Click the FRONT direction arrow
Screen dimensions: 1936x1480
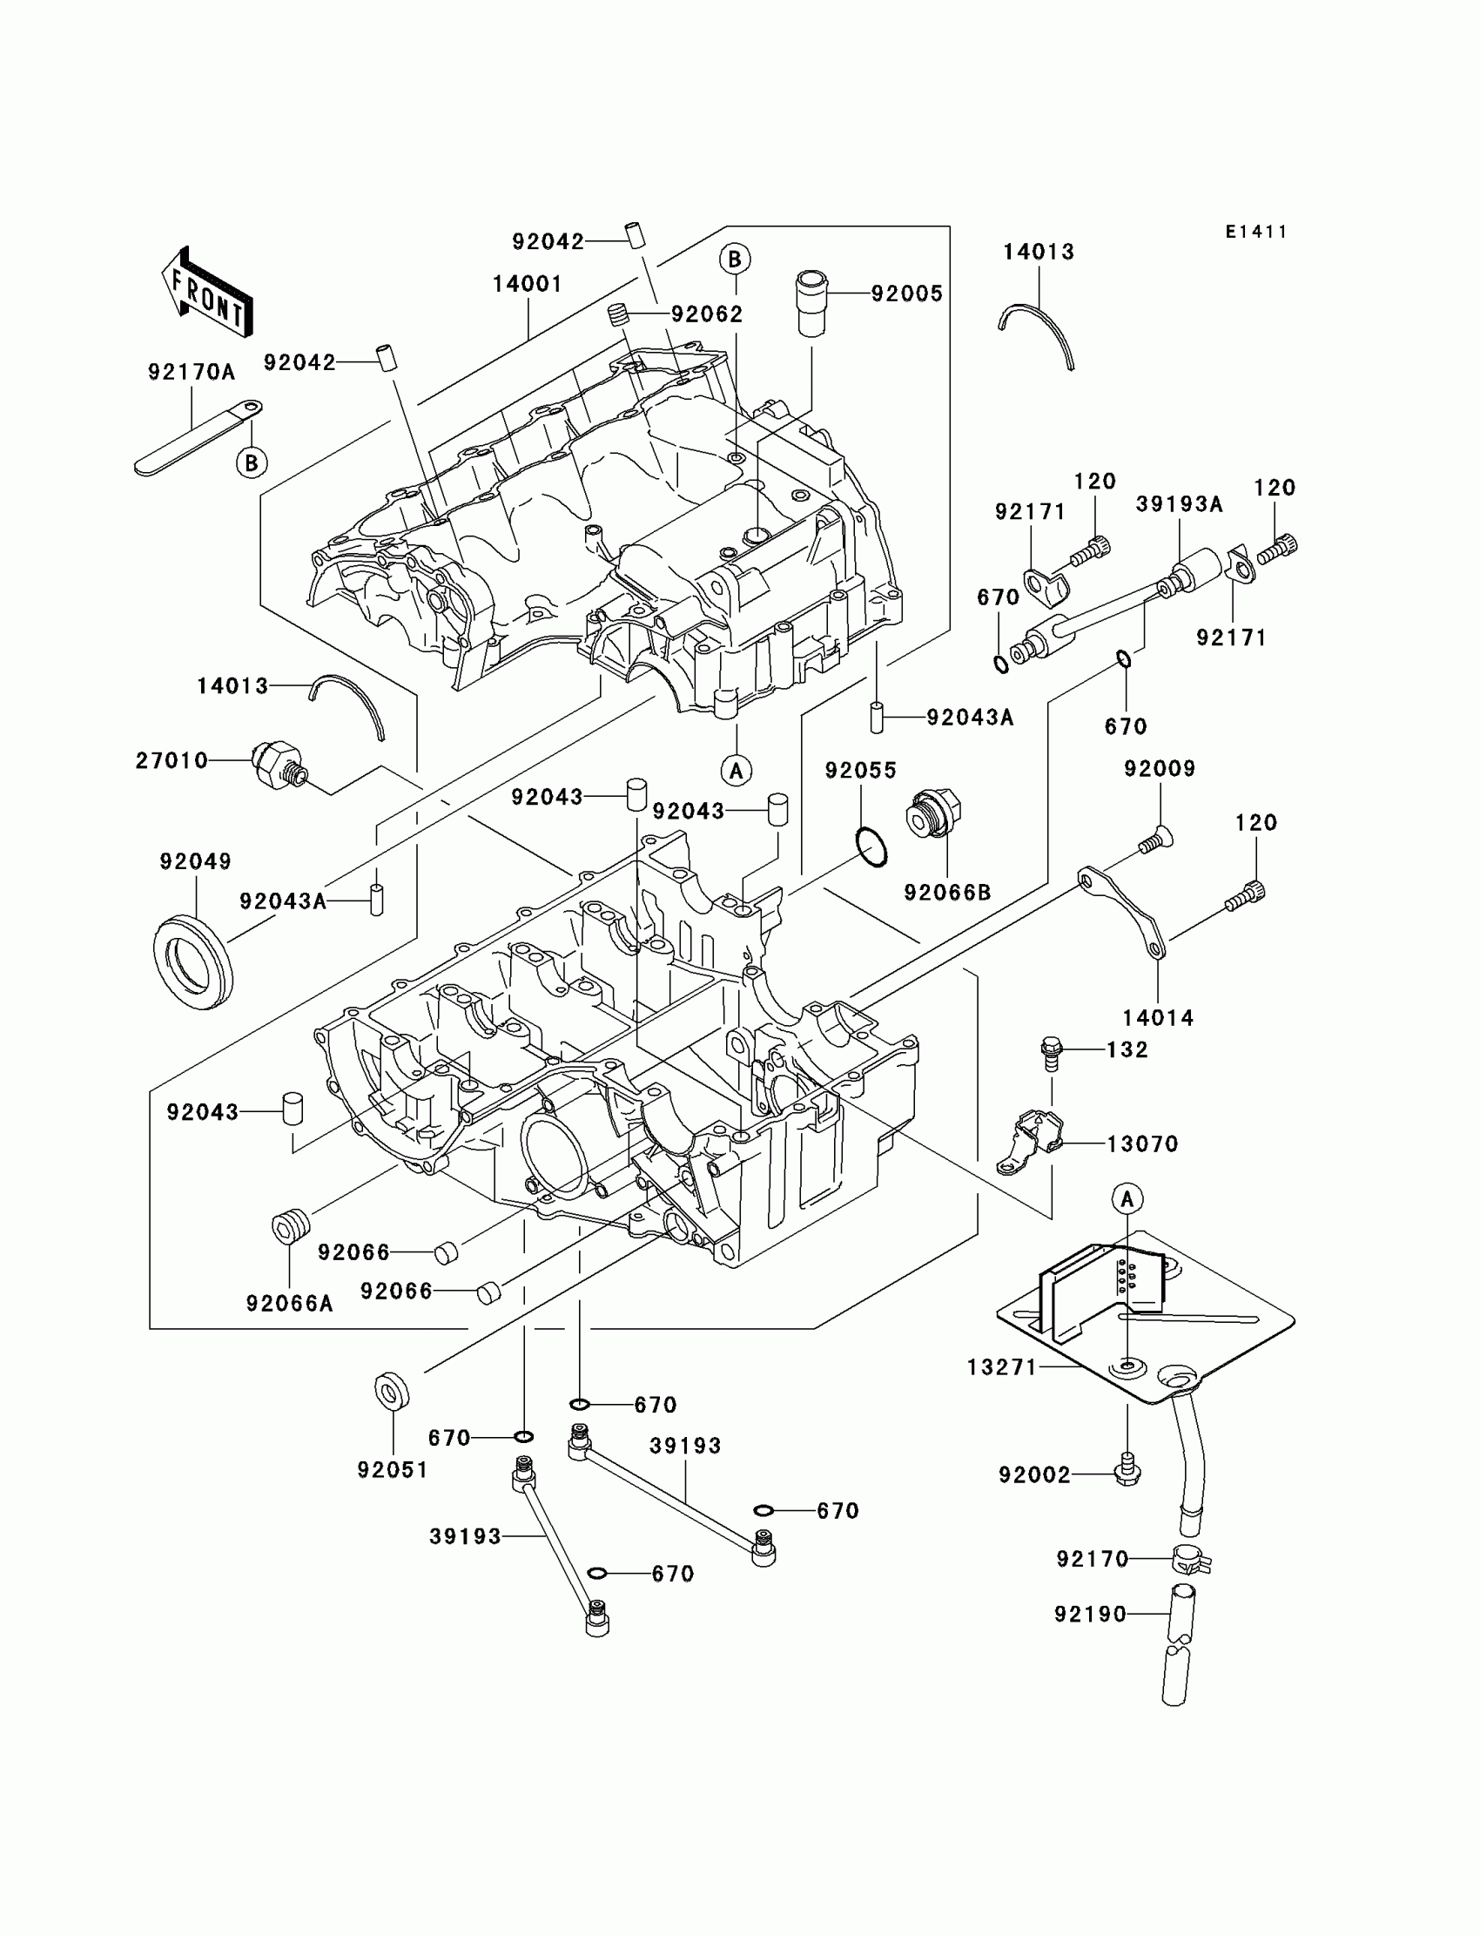click(x=208, y=292)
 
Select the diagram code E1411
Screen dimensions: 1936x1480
click(x=1256, y=232)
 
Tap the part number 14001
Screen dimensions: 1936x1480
click(x=527, y=284)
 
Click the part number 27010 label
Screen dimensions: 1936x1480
click(x=172, y=760)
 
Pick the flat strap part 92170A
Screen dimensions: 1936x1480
click(x=198, y=435)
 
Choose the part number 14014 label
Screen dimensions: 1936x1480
click(x=1158, y=1018)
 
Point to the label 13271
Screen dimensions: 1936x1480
click(x=1003, y=1366)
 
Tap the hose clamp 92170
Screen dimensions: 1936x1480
click(x=1189, y=1560)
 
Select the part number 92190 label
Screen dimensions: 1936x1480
click(x=1091, y=1615)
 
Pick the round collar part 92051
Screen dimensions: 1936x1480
click(x=391, y=1392)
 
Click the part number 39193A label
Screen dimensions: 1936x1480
click(x=1179, y=504)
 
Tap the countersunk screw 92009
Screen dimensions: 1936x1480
click(x=1154, y=840)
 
